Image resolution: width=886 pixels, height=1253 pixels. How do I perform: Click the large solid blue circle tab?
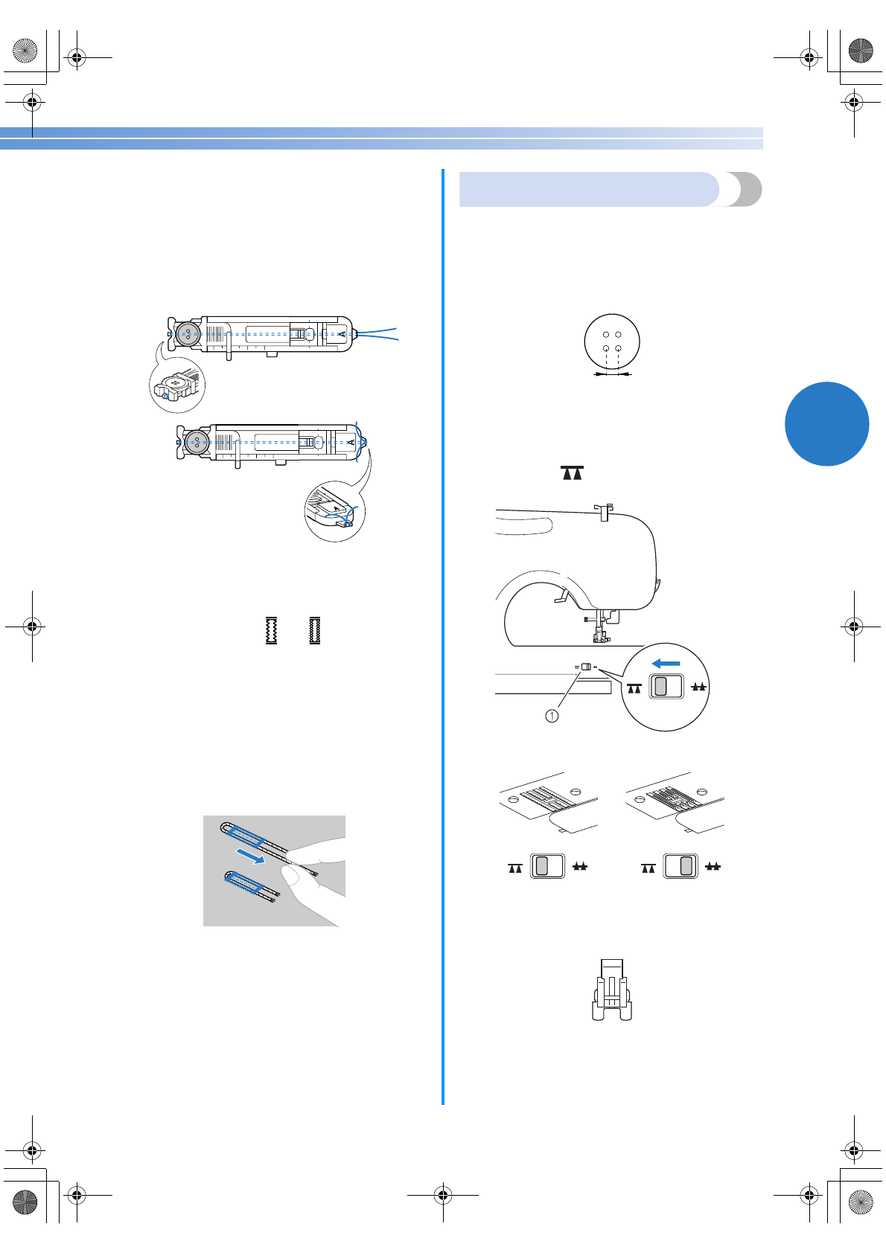tap(826, 424)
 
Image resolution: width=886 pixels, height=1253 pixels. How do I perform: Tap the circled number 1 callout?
tap(552, 716)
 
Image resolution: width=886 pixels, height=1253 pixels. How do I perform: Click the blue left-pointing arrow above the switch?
tap(666, 663)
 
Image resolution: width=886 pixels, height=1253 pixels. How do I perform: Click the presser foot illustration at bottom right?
tap(612, 990)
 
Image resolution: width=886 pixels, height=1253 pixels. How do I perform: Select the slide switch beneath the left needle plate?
tap(547, 866)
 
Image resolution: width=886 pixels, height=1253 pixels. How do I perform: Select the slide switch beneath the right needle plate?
tap(681, 866)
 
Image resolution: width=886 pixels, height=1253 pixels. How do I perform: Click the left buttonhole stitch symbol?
tap(272, 630)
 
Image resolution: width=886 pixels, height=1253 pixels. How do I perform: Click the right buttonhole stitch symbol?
tap(315, 630)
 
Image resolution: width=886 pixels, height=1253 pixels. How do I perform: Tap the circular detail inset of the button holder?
tap(177, 385)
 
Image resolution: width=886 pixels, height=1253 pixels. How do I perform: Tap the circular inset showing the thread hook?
tap(335, 512)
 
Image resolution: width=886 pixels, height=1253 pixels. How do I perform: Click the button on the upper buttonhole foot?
tap(188, 333)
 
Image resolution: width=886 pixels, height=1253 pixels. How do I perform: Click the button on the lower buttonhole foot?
tap(197, 442)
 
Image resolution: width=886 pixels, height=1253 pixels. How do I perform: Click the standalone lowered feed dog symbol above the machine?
tap(572, 473)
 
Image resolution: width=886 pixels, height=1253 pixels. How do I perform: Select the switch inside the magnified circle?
tap(666, 686)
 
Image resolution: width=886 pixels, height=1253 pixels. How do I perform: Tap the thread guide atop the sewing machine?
tap(605, 512)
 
